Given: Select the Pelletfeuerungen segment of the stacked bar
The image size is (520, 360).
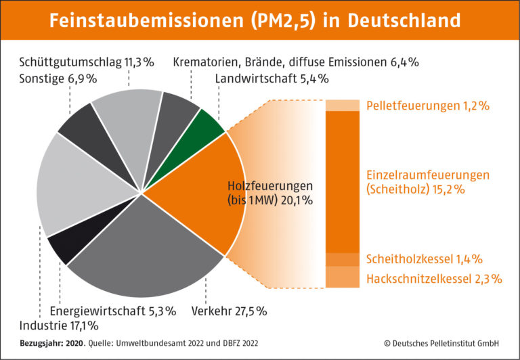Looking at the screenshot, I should (343, 106).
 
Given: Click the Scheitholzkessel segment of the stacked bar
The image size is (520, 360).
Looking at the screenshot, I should (343, 259).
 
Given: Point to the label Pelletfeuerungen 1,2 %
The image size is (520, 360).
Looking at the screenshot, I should (427, 106).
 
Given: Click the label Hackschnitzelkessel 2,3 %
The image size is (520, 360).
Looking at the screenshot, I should (434, 278).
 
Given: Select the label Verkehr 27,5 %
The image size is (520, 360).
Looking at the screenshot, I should (229, 311).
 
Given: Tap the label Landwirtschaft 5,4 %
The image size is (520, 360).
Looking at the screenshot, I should (272, 78).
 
